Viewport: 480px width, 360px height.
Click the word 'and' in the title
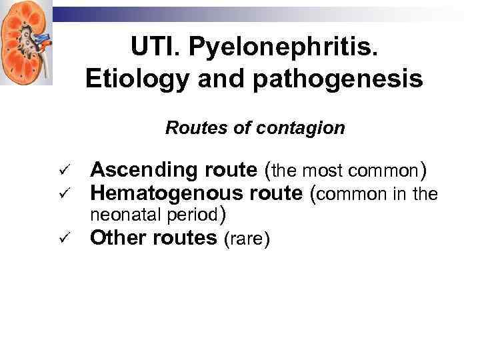tap(213, 79)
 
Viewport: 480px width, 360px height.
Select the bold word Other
tap(118, 238)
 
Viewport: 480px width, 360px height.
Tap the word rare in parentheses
tap(247, 239)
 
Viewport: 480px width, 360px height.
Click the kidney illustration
tap(25, 42)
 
